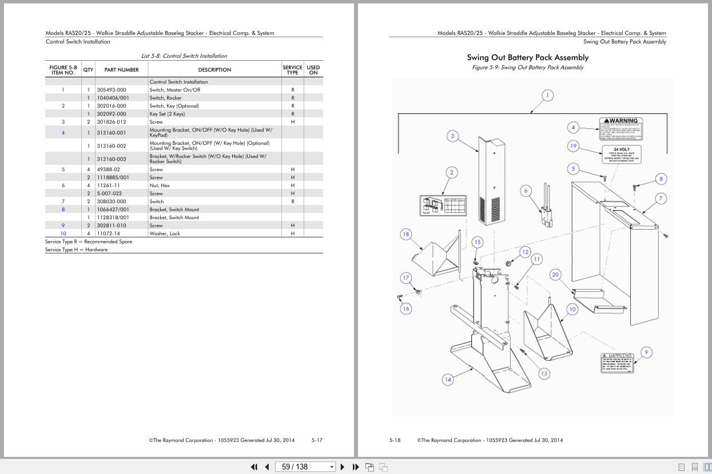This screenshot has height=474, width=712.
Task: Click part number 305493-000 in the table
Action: [x=112, y=90]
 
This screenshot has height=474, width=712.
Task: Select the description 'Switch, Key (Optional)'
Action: [x=174, y=106]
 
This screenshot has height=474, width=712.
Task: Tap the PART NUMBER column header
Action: [x=121, y=70]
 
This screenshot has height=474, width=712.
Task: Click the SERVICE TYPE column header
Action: [x=292, y=70]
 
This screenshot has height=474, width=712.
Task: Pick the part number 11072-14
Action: [x=108, y=234]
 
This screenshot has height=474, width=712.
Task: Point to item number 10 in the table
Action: [x=63, y=234]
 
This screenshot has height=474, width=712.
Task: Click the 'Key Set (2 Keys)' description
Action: [x=167, y=114]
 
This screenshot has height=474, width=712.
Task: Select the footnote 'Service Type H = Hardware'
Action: [x=76, y=250]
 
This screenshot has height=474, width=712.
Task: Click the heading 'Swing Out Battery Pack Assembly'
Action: [x=527, y=57]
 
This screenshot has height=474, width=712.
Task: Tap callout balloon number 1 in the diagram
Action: [x=547, y=96]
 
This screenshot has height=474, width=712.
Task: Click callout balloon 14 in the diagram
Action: [x=448, y=380]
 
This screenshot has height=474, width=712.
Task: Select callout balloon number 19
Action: [x=573, y=146]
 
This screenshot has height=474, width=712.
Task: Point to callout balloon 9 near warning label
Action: [x=646, y=352]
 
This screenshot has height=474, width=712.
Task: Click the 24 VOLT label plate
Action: [x=621, y=154]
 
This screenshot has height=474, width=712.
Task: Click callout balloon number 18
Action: [x=406, y=234]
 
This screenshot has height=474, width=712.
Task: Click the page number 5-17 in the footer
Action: [x=317, y=440]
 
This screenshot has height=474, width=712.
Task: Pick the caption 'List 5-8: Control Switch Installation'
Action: [x=184, y=56]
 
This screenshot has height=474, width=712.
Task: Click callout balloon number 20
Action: [x=555, y=275]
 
